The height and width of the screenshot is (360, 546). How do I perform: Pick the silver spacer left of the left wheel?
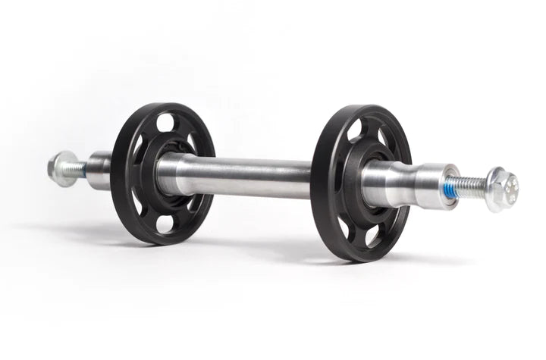pyautogui.click(x=99, y=171)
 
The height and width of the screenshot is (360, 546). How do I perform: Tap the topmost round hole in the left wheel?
pyautogui.click(x=165, y=122)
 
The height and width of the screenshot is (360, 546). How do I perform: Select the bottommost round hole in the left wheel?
pyautogui.click(x=165, y=224)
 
